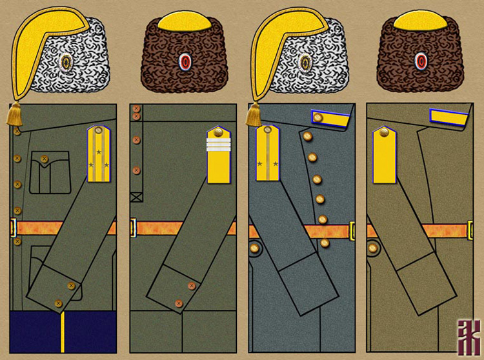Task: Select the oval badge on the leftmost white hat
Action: (x=65, y=62)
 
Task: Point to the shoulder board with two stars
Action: (x=267, y=154)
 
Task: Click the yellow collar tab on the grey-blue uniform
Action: (x=327, y=117)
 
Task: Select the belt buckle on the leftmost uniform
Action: (x=14, y=227)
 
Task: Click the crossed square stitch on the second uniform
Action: (x=136, y=197)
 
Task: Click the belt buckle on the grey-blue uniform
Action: (x=352, y=229)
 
